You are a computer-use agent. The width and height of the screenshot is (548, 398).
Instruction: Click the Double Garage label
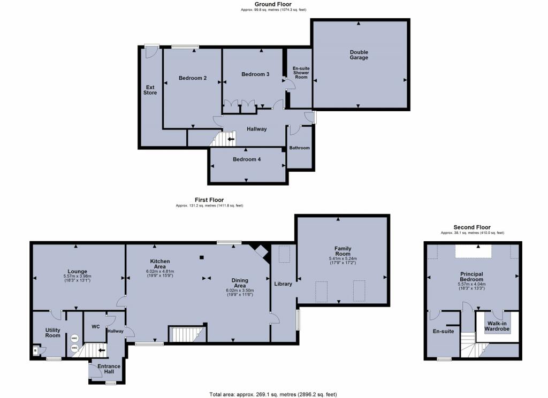359,55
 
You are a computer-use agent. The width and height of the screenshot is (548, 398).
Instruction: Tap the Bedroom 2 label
193,78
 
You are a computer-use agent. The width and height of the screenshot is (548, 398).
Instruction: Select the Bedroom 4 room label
247,159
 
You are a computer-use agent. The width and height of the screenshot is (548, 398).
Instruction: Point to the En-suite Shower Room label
300,73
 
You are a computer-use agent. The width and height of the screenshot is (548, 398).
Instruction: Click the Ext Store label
150,89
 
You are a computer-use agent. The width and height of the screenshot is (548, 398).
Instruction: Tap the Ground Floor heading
273,4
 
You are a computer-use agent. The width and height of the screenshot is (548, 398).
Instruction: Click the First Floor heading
209,200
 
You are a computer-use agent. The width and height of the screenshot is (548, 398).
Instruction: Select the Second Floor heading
471,227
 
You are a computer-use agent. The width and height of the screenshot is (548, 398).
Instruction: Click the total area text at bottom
273,394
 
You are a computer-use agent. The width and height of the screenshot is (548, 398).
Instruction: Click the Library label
283,284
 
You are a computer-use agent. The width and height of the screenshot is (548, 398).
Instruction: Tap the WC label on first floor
96,326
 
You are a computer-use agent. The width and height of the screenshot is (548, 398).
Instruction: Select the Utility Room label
52,332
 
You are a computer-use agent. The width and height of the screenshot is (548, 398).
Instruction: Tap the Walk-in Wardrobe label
498,326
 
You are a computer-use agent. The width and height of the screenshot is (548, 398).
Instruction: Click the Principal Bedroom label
471,277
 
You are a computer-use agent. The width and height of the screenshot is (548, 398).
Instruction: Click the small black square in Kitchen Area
201,257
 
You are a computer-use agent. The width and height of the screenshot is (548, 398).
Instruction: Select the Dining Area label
239,283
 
